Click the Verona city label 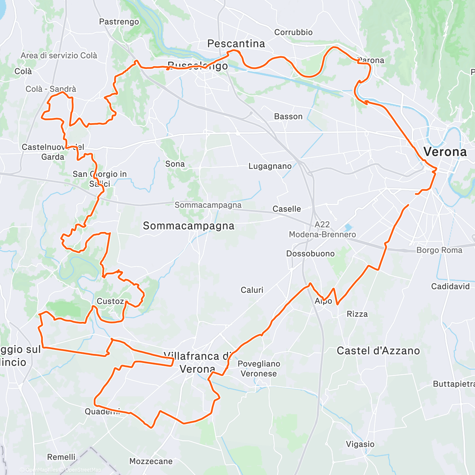(445, 152)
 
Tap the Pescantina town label (236, 44)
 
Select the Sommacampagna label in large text (188, 226)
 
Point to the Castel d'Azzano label (378, 351)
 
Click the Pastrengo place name (119, 22)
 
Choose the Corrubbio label (293, 32)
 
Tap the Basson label (288, 116)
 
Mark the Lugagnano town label (270, 166)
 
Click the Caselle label (287, 209)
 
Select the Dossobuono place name (310, 254)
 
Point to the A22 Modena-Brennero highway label (322, 230)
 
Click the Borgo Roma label (439, 250)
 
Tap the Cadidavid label (450, 286)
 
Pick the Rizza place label (357, 314)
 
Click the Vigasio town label (360, 444)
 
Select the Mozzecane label (151, 461)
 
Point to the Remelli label (61, 457)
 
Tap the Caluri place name (252, 290)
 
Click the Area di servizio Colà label (59, 55)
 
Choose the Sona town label (175, 164)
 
